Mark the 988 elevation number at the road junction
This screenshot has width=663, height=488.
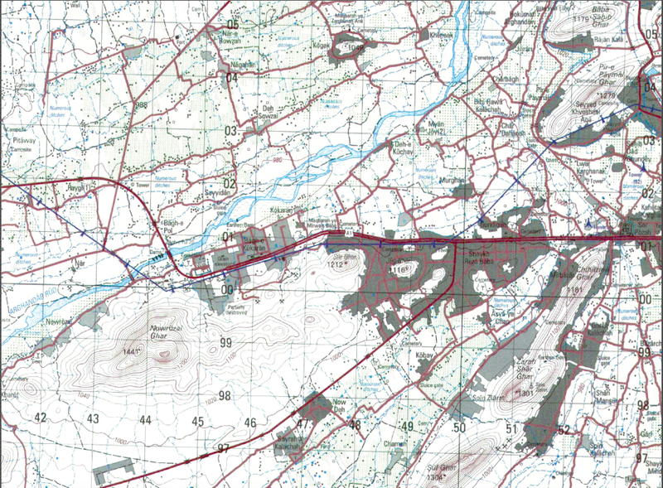point(142,105)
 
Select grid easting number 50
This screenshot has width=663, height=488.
point(460,428)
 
